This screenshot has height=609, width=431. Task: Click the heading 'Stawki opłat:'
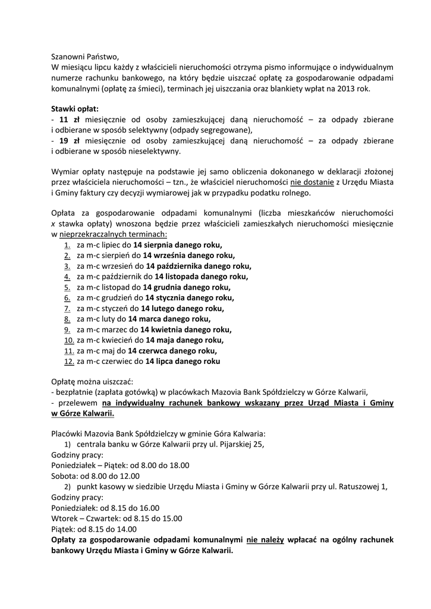click(75, 109)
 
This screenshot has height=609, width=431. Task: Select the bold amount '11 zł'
click(70, 120)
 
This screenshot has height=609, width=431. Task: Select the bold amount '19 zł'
click(70, 140)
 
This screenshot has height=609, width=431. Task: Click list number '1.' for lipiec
click(67, 245)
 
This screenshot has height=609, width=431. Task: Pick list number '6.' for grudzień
click(67, 297)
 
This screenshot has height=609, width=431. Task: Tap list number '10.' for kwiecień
click(69, 340)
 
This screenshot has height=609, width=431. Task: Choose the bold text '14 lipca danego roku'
click(183, 360)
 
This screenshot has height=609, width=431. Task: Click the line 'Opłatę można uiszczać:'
click(92, 381)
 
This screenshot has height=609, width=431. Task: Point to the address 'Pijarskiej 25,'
click(241, 444)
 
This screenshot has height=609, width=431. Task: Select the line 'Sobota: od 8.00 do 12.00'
click(96, 475)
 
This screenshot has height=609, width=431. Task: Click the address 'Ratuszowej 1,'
click(364, 486)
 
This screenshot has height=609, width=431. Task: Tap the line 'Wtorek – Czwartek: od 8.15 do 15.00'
click(117, 517)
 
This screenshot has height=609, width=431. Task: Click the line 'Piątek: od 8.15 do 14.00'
click(94, 528)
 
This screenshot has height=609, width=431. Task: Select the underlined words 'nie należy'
click(266, 539)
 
